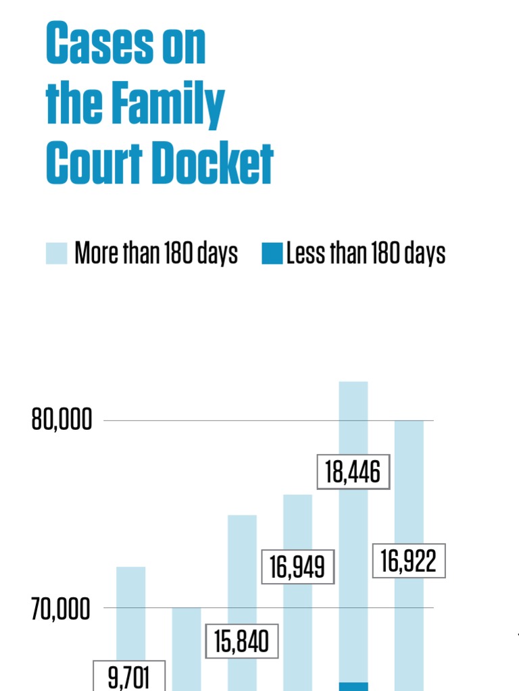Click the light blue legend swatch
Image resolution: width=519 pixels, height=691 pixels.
[x=57, y=254]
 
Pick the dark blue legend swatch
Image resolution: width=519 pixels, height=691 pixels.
[x=272, y=254]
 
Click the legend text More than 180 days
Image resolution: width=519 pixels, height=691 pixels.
[x=156, y=254]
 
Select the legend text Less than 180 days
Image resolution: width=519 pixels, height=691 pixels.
[x=366, y=254]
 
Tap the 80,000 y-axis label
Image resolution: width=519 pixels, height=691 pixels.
[x=61, y=420]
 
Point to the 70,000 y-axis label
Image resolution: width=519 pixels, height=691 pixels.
[x=61, y=610]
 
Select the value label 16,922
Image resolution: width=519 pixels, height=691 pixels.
[x=409, y=561]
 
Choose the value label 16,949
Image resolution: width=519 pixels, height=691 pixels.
[x=298, y=567]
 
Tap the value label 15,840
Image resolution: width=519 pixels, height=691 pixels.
[x=242, y=640]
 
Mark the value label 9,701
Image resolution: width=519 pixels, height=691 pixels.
[x=128, y=676]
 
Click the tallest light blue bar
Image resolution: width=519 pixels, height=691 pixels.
[x=353, y=418]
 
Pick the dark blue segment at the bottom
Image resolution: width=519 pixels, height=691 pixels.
[x=353, y=686]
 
